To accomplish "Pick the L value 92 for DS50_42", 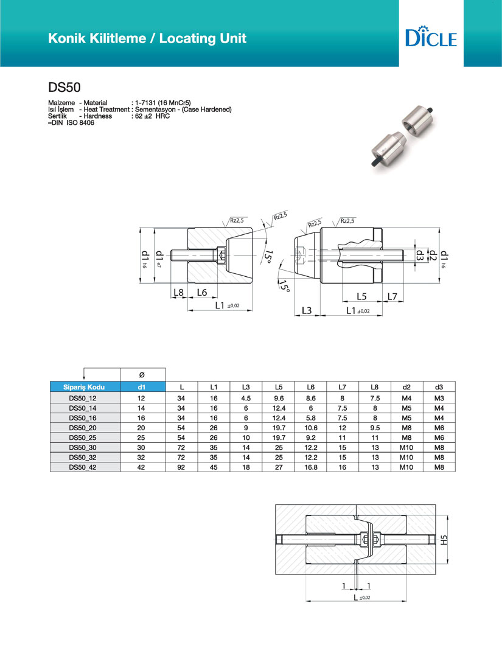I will click(x=181, y=467).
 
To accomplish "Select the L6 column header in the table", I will click(x=310, y=387).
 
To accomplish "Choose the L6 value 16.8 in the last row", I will click(x=310, y=467).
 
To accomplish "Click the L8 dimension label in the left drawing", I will click(x=178, y=292).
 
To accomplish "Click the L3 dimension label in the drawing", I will click(x=306, y=311).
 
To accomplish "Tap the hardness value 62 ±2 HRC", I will click(x=152, y=116).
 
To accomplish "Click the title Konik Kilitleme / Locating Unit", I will click(x=147, y=38).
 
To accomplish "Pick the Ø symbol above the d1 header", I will click(x=141, y=374).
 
